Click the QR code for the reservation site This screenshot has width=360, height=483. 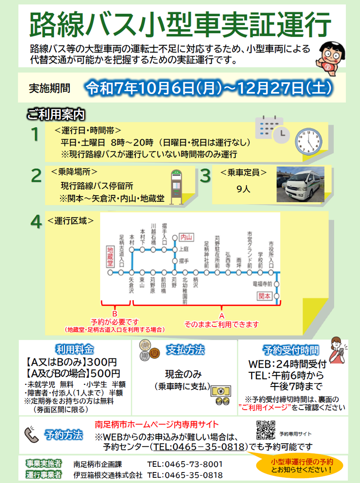[266, 430]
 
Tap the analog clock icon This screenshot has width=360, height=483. [309, 142]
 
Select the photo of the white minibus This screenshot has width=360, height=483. [300, 184]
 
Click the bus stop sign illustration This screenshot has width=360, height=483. [177, 187]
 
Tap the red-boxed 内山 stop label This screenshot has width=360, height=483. [187, 237]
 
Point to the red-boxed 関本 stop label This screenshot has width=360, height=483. [264, 296]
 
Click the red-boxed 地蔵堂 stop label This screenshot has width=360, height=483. [110, 256]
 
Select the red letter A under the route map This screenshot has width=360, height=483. [222, 316]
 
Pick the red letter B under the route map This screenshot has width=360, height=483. [115, 314]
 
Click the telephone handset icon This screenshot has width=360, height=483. [31, 435]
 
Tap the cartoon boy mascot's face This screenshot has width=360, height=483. [332, 55]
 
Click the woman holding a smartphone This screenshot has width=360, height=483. [338, 351]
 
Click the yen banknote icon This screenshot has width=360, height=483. [221, 391]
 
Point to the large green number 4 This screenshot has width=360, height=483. [36, 222]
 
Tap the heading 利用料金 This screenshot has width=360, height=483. [75, 349]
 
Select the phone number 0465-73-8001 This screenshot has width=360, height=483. [185, 464]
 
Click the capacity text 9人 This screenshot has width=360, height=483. [243, 189]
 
